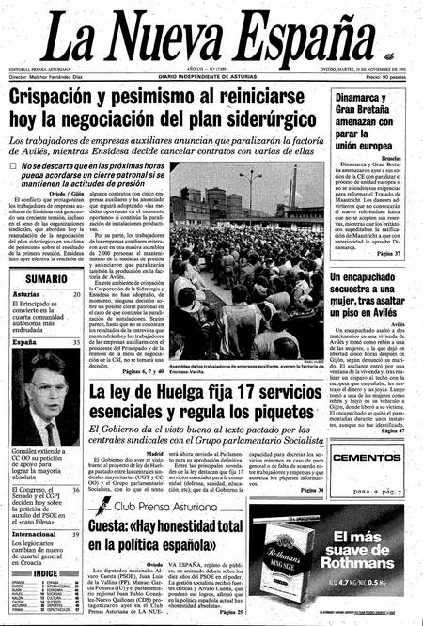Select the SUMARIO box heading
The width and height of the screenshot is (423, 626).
coord(46,279)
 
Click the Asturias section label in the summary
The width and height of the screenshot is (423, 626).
coord(27,294)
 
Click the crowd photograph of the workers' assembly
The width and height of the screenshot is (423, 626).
coord(245,262)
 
